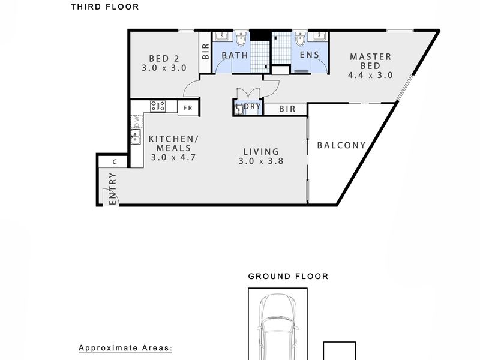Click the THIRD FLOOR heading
point(104,7)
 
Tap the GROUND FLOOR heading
point(288,277)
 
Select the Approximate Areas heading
point(125,348)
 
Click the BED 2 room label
point(164,58)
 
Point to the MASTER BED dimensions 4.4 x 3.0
point(370,75)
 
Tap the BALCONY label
point(341,145)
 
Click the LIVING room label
point(261,152)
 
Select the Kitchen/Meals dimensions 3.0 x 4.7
point(173,157)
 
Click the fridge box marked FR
point(188,109)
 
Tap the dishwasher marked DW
point(137,122)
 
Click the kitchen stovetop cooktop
point(158,106)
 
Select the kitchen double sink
point(136,137)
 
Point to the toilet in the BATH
point(242,39)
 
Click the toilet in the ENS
point(300,39)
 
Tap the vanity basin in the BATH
point(221,36)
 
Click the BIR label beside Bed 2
point(205,51)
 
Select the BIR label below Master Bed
point(287,109)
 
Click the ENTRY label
point(113,188)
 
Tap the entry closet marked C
point(115,161)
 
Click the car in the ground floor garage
point(278,327)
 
